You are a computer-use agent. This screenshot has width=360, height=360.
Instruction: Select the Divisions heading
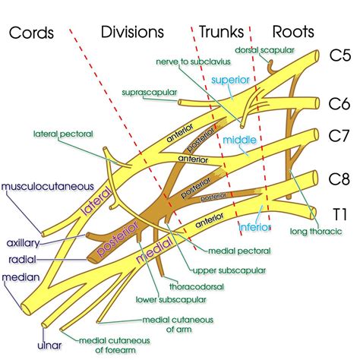click(x=132, y=32)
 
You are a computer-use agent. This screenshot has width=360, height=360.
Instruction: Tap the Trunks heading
click(x=222, y=32)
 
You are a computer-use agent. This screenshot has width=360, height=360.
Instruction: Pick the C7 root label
click(x=339, y=137)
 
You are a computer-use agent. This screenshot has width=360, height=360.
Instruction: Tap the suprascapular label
click(x=149, y=93)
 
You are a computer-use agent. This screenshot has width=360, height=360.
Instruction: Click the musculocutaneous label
click(x=46, y=185)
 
